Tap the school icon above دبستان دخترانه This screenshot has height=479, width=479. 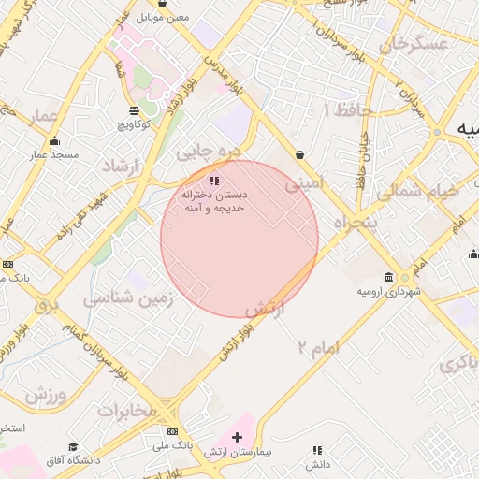[x=214, y=181]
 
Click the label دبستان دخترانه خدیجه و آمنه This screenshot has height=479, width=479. [x=216, y=201]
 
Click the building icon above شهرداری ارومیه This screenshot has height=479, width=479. [x=389, y=278]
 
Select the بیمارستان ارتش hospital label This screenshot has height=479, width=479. [x=239, y=452]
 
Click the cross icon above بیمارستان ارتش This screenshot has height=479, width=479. [x=238, y=437]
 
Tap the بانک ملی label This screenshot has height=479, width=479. [x=176, y=445]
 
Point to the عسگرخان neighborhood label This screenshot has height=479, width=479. [x=409, y=43]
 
